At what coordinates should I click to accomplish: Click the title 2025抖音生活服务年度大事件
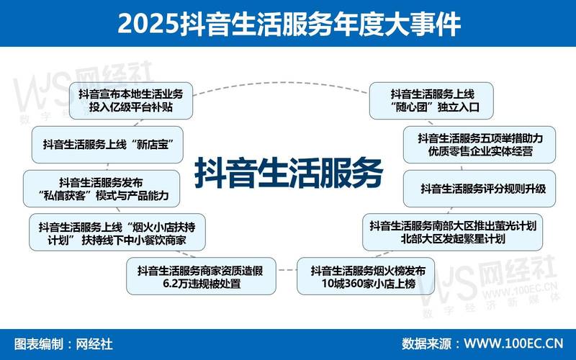[288, 23]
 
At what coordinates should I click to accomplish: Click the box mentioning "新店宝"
[106, 145]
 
